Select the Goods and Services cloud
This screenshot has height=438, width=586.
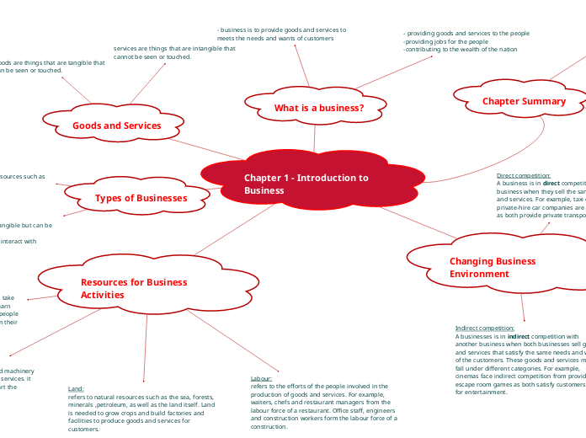[x=116, y=126]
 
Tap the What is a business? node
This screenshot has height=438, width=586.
[x=318, y=108]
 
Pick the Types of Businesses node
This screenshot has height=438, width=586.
[x=141, y=198]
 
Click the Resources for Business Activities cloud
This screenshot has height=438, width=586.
[x=133, y=288]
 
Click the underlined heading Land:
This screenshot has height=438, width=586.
[x=76, y=389]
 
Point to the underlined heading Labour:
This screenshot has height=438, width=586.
[x=261, y=379]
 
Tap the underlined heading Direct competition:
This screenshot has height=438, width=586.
[x=524, y=175]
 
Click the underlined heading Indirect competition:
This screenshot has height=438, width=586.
[x=484, y=328]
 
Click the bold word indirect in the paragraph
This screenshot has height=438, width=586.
[x=519, y=336]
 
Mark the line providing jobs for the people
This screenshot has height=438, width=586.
[x=446, y=41]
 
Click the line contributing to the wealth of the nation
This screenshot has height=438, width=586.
[x=461, y=49]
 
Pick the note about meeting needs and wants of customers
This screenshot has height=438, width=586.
[x=281, y=34]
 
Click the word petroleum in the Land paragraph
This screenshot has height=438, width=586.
[x=114, y=404]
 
